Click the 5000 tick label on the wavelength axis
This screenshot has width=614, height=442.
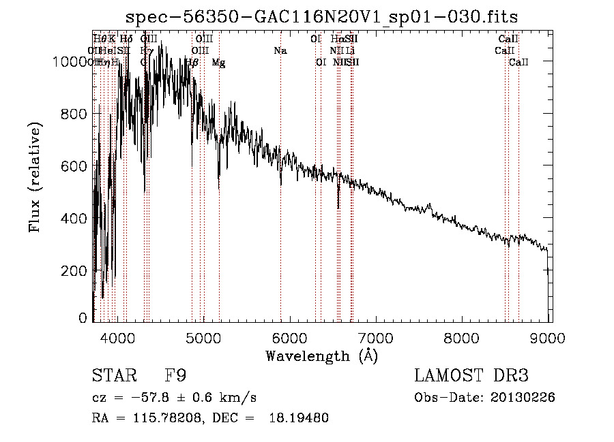203,336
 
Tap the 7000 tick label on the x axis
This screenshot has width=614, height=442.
377,336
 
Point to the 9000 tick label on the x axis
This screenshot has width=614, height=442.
550,336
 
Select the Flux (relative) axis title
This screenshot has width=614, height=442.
35,178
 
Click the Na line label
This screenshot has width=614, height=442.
280,51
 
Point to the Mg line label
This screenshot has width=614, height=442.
218,63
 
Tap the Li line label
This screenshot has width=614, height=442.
350,51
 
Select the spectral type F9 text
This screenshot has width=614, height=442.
174,375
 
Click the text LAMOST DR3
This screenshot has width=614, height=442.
471,375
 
